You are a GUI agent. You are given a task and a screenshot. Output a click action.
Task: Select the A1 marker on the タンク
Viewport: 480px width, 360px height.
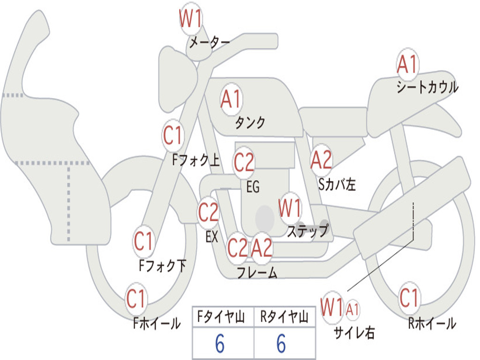point(231,99)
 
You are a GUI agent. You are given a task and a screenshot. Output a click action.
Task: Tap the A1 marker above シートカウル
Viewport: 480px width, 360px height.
point(407,65)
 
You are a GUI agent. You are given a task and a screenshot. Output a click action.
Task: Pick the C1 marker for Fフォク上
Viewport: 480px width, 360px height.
point(173,136)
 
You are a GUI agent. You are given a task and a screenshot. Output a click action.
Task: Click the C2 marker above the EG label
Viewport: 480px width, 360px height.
point(244,163)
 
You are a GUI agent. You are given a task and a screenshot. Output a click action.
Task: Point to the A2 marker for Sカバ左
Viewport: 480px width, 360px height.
point(322,160)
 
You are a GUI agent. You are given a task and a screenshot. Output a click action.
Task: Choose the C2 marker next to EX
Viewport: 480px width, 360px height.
point(209,213)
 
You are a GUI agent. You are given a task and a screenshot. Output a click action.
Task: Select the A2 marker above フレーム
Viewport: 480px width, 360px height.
point(262,247)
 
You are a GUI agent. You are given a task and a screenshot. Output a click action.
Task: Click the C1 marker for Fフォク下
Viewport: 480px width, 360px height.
point(143,242)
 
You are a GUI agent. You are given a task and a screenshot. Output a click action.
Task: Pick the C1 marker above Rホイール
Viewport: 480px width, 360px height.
point(409,298)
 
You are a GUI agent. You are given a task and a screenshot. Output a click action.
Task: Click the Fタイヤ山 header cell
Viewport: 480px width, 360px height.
point(222,318)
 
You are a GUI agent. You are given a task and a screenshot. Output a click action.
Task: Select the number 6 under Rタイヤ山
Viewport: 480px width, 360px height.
point(281,344)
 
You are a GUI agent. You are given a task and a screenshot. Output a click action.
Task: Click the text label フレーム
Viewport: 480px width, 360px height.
point(257,272)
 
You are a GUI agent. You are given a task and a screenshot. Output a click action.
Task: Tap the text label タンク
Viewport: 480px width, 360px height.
point(250,123)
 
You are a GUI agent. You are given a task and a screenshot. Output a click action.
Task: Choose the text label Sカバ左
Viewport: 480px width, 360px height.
point(337,185)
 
